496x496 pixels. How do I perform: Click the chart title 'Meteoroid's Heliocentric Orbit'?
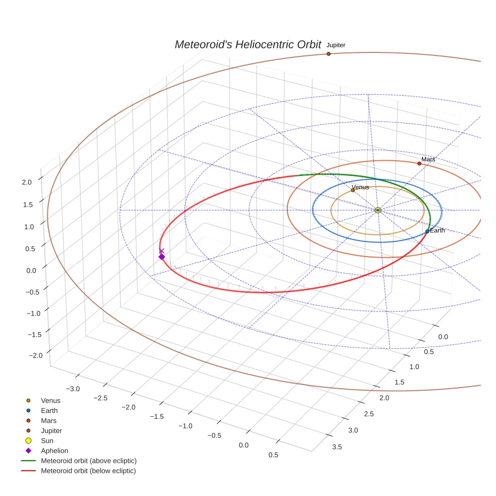[247, 44]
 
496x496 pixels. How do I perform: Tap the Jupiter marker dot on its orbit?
[328, 53]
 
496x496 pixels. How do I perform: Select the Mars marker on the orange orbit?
[419, 163]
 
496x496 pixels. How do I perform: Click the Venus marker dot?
[353, 190]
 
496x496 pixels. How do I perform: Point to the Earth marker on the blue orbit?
[427, 231]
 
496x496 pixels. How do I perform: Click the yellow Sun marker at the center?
[378, 210]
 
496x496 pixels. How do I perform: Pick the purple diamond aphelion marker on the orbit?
[162, 257]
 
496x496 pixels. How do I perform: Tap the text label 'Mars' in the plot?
[428, 159]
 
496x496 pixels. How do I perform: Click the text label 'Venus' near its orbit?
[360, 187]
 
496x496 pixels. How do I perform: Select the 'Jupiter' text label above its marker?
[336, 45]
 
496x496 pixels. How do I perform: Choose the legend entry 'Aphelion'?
[54, 451]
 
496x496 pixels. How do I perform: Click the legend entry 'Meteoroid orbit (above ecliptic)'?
[89, 461]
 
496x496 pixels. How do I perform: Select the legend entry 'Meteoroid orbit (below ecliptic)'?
[88, 471]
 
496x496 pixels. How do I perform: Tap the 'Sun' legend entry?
[47, 441]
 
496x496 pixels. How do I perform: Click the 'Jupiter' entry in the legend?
[51, 430]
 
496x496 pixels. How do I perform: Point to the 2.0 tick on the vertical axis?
[27, 182]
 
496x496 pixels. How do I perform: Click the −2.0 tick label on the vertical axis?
[35, 355]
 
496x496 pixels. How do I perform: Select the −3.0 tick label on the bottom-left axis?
[73, 389]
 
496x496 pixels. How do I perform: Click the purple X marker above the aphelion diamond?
[162, 251]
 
